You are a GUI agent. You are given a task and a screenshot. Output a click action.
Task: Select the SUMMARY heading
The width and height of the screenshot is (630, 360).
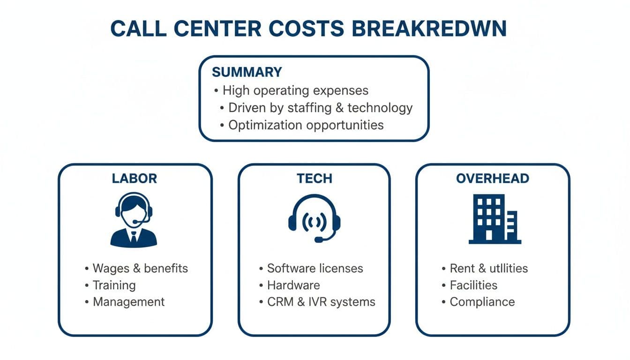pos(247,72)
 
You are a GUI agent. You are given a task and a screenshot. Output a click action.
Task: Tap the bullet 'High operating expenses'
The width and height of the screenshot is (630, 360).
pos(295,90)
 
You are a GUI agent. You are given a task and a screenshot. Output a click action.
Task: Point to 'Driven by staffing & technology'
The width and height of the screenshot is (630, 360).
pos(320,107)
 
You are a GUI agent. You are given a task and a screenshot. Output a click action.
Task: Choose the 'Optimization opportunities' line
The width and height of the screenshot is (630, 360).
pos(306,125)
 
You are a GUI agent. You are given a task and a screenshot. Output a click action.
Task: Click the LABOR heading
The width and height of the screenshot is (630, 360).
pos(134,178)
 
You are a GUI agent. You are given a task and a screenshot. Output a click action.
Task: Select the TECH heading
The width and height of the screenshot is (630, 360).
pos(314,178)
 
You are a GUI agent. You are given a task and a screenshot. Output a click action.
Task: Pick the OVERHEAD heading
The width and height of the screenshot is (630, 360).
pos(492,178)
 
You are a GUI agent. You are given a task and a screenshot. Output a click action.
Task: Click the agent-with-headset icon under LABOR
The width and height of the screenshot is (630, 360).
pos(134,219)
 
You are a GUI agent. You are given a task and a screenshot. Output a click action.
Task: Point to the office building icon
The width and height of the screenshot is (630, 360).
pos(494,219)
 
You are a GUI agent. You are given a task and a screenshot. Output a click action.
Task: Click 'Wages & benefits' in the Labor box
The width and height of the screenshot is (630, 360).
pos(140,268)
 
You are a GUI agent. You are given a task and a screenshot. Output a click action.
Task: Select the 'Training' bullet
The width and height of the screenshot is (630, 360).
pos(114,285)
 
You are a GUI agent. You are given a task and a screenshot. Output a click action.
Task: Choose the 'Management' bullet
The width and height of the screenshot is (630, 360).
pos(128,302)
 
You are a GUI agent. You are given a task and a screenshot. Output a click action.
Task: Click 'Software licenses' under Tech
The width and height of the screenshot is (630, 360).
pos(315,268)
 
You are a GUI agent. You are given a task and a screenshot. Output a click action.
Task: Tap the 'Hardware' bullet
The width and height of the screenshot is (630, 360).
pos(293,285)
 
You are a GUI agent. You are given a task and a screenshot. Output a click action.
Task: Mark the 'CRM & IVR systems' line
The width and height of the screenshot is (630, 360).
pos(321,302)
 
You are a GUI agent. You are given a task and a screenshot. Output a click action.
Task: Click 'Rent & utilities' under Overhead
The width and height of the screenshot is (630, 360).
pos(488,268)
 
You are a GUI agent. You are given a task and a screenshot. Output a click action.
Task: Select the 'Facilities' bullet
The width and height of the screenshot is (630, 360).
pos(473,285)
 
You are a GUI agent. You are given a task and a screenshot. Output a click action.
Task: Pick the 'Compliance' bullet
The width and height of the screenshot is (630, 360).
pos(482,302)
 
